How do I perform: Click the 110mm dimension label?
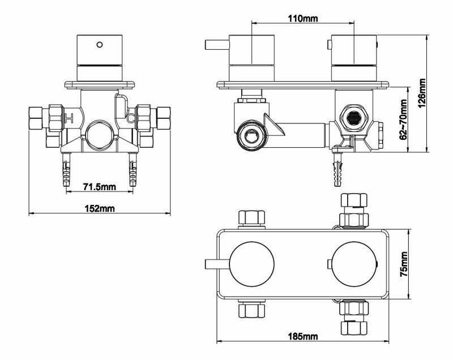click(x=302, y=19)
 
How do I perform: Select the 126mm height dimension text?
click(x=422, y=93)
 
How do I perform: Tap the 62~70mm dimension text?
click(x=403, y=119)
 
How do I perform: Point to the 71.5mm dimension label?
click(x=100, y=187)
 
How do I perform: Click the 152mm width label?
click(x=100, y=208)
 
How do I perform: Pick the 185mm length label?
click(x=303, y=336)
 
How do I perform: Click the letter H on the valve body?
click(x=69, y=118)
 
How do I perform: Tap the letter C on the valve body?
click(x=131, y=118)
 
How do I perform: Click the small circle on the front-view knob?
click(x=100, y=45)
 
